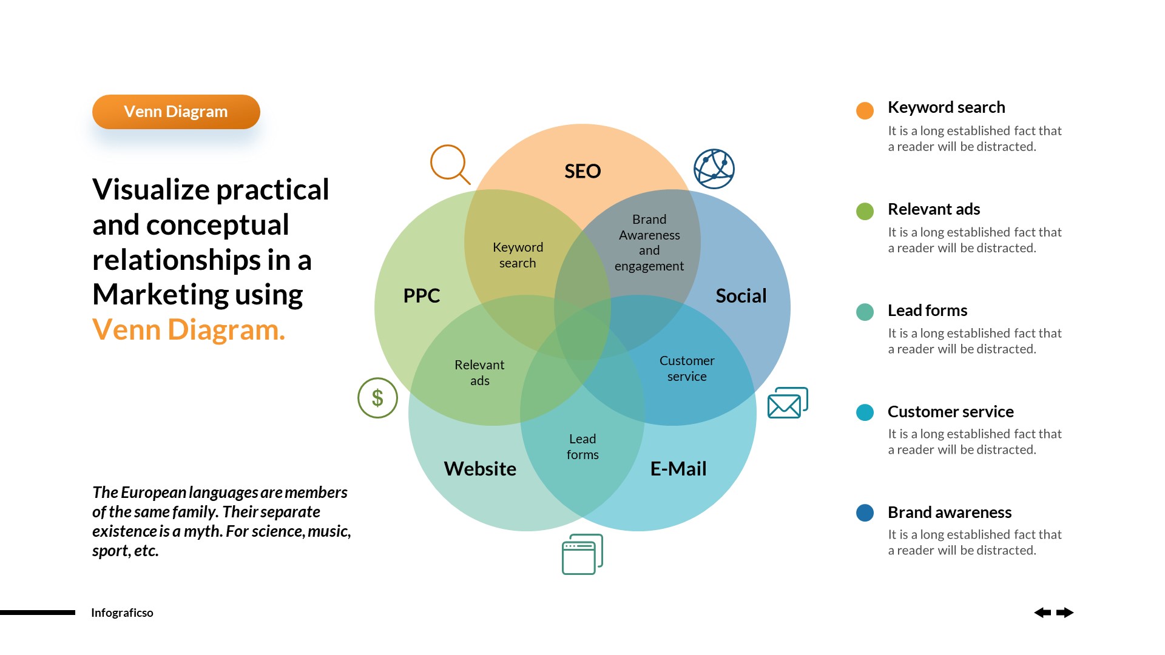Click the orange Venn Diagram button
click(x=176, y=112)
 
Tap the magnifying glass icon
click(x=449, y=163)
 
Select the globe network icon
click(x=714, y=169)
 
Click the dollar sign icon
click(x=377, y=398)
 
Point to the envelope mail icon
click(x=787, y=403)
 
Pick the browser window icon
click(x=582, y=554)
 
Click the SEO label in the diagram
click(x=582, y=171)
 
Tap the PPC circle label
click(x=422, y=295)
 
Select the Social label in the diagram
click(x=741, y=295)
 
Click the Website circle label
click(x=480, y=468)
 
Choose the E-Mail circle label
click(x=678, y=468)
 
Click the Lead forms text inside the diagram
click(x=582, y=446)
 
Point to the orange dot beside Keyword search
click(x=865, y=110)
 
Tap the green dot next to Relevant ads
click(x=865, y=211)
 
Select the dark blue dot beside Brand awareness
click(x=865, y=513)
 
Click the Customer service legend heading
click(x=950, y=411)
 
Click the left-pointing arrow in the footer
click(x=1042, y=613)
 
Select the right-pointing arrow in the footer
click(x=1065, y=613)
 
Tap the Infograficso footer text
click(x=122, y=613)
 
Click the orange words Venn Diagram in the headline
click(x=188, y=330)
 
